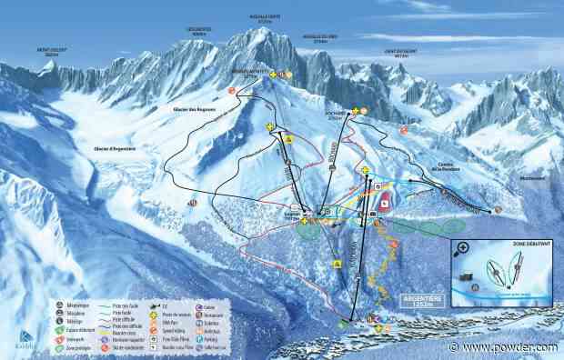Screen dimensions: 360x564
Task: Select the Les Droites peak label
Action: coord(199,34)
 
